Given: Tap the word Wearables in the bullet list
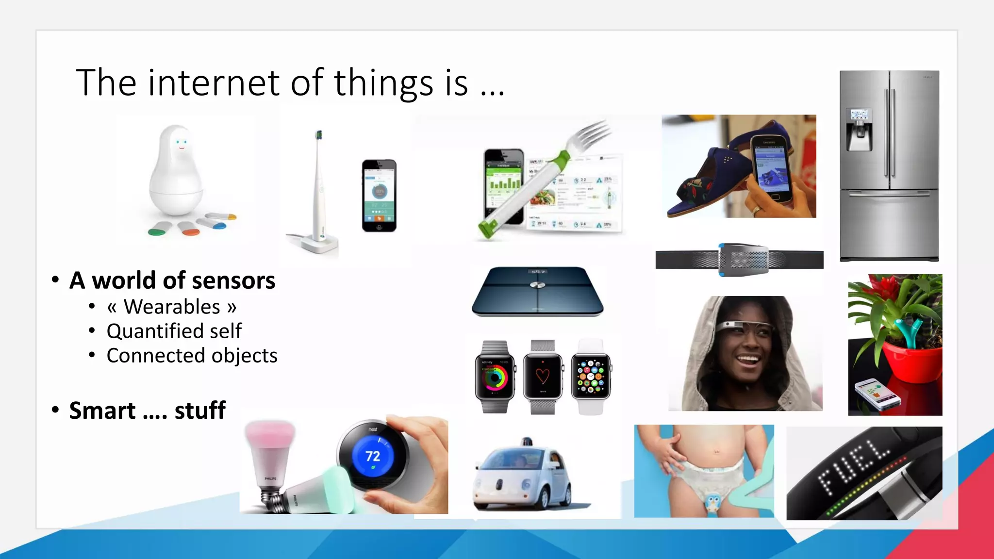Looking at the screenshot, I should (x=172, y=307).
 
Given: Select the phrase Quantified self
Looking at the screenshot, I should (x=174, y=331).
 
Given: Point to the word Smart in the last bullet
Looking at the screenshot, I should (x=102, y=411).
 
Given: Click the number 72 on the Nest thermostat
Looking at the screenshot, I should (x=372, y=456).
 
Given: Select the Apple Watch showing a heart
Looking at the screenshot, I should (x=543, y=377).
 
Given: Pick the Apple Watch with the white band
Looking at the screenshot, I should (x=591, y=377).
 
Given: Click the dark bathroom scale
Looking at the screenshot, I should (x=538, y=291).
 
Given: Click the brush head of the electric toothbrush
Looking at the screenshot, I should (x=319, y=135).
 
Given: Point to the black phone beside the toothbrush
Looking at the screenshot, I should (x=379, y=196).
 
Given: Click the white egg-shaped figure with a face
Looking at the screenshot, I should (x=176, y=170).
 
